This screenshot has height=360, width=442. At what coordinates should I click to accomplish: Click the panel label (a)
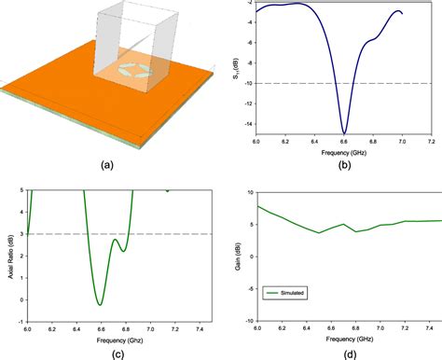107,165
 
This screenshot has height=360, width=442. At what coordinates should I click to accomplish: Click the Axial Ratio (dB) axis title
7,254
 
